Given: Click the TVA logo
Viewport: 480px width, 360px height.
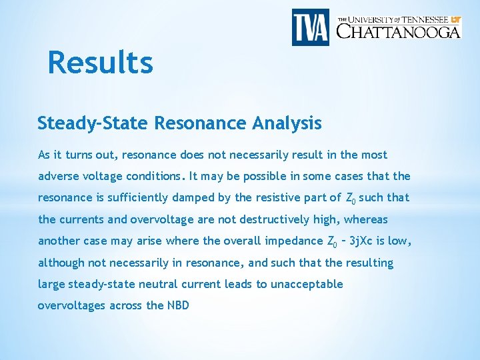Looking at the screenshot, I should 311,27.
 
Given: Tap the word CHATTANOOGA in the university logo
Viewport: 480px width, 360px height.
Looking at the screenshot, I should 398,31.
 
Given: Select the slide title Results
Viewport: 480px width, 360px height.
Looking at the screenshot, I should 101,63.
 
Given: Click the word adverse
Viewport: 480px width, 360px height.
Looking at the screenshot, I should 58,177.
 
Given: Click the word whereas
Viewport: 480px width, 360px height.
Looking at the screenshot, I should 364,219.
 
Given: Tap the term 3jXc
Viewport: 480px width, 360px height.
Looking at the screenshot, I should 367,241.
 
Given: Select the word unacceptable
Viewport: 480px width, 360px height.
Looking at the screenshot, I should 307,284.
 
